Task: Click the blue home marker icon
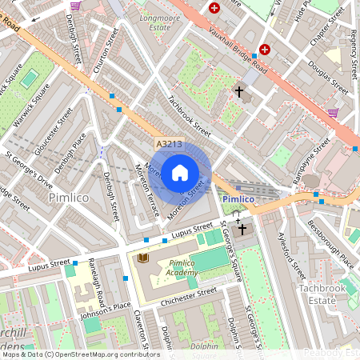pyautogui.click(x=180, y=171)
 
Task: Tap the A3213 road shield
pyautogui.click(x=168, y=143)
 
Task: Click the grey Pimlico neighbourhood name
pyautogui.click(x=68, y=197)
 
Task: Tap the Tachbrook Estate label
pyautogui.click(x=323, y=293)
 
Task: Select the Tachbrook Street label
pyautogui.click(x=190, y=117)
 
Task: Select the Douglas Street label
pyautogui.click(x=328, y=77)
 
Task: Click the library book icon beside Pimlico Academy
pyautogui.click(x=143, y=258)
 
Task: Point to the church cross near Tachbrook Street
pyautogui.click(x=238, y=92)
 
